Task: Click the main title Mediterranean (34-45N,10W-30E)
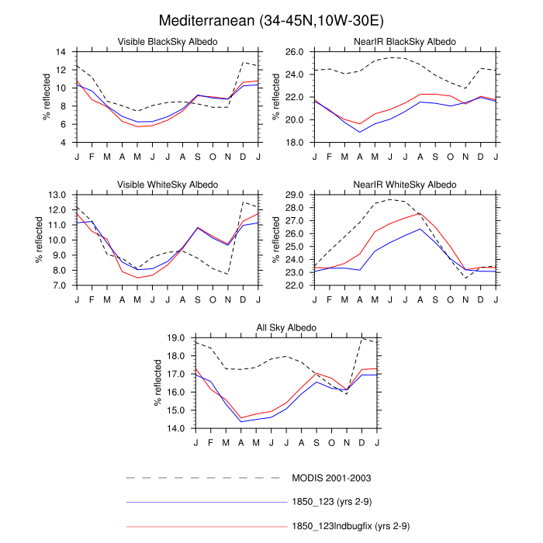click(271, 19)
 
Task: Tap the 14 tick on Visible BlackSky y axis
click(60, 51)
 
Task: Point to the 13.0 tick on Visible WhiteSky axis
click(57, 194)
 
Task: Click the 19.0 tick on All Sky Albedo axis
click(175, 337)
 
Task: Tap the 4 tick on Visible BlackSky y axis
click(62, 143)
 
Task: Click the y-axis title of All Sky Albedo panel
click(157, 382)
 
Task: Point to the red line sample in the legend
click(206, 527)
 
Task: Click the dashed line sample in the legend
click(206, 478)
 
